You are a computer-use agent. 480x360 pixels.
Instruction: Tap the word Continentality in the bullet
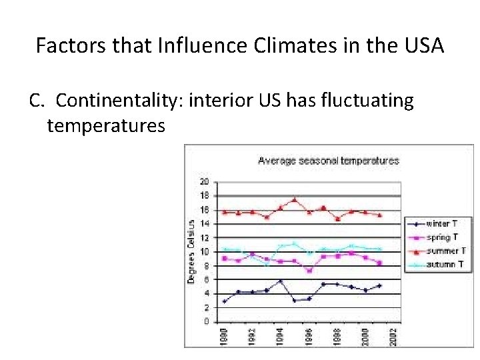(120, 101)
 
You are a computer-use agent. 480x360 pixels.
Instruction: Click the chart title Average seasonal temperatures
(328, 161)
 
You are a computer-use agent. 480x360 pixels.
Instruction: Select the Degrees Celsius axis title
(191, 251)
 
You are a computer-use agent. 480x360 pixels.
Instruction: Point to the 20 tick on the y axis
(205, 181)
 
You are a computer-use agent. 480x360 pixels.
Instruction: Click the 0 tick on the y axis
(207, 322)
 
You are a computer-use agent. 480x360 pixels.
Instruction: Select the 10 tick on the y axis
(205, 252)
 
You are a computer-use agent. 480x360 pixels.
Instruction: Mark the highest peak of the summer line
(294, 199)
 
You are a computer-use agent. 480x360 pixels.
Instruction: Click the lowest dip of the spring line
(309, 271)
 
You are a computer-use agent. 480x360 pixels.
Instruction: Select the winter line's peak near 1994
(280, 281)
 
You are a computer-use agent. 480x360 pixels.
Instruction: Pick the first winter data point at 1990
(225, 301)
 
